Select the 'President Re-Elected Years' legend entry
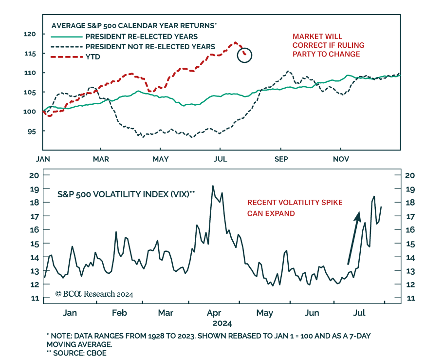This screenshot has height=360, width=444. [141, 37]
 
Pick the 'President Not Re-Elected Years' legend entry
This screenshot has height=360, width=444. [150, 47]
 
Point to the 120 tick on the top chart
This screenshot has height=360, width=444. [30, 34]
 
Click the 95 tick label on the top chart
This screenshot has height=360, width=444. [32, 131]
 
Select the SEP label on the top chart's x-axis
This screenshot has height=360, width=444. [281, 159]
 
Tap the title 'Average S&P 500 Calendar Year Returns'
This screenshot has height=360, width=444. [134, 25]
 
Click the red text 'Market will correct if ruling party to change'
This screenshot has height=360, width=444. [328, 45]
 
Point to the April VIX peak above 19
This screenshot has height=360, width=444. [213, 186]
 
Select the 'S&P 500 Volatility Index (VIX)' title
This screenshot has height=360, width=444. [126, 194]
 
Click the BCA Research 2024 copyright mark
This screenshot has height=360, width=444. [94, 294]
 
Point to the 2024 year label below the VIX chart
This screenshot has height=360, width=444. [222, 323]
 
